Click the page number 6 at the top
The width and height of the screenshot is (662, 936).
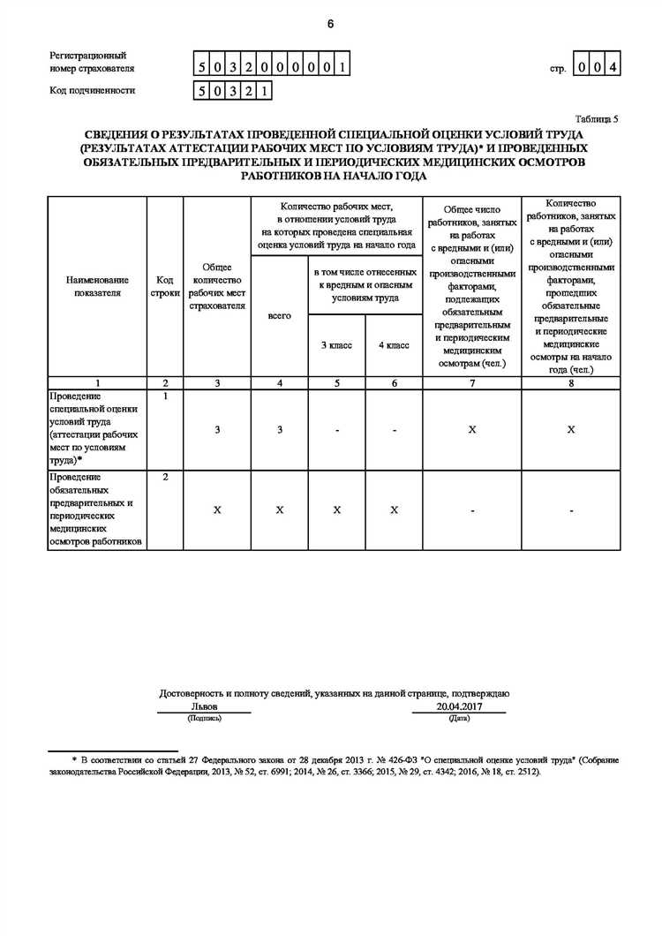[330, 24]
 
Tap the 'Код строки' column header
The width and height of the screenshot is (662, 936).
[165, 286]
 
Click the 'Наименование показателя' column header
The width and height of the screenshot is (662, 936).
[97, 286]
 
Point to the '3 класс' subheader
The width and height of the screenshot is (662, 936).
[336, 345]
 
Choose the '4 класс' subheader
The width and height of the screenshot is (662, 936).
[394, 345]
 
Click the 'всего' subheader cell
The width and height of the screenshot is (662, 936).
[279, 315]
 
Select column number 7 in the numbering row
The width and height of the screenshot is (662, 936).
[472, 383]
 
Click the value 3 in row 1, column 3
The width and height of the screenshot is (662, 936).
[217, 429]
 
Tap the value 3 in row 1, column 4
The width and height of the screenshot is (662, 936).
[279, 429]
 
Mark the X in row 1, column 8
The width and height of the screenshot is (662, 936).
[570, 429]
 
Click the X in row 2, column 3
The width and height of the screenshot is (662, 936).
[217, 510]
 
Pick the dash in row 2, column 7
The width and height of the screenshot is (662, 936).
[472, 510]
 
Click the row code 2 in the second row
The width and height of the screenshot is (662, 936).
[165, 477]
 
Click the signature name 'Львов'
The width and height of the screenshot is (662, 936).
[204, 706]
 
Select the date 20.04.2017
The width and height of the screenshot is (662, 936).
[458, 706]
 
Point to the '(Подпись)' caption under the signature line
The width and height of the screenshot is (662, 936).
[204, 718]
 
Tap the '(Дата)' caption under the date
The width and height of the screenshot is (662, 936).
[459, 718]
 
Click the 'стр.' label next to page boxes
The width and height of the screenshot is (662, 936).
[557, 68]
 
